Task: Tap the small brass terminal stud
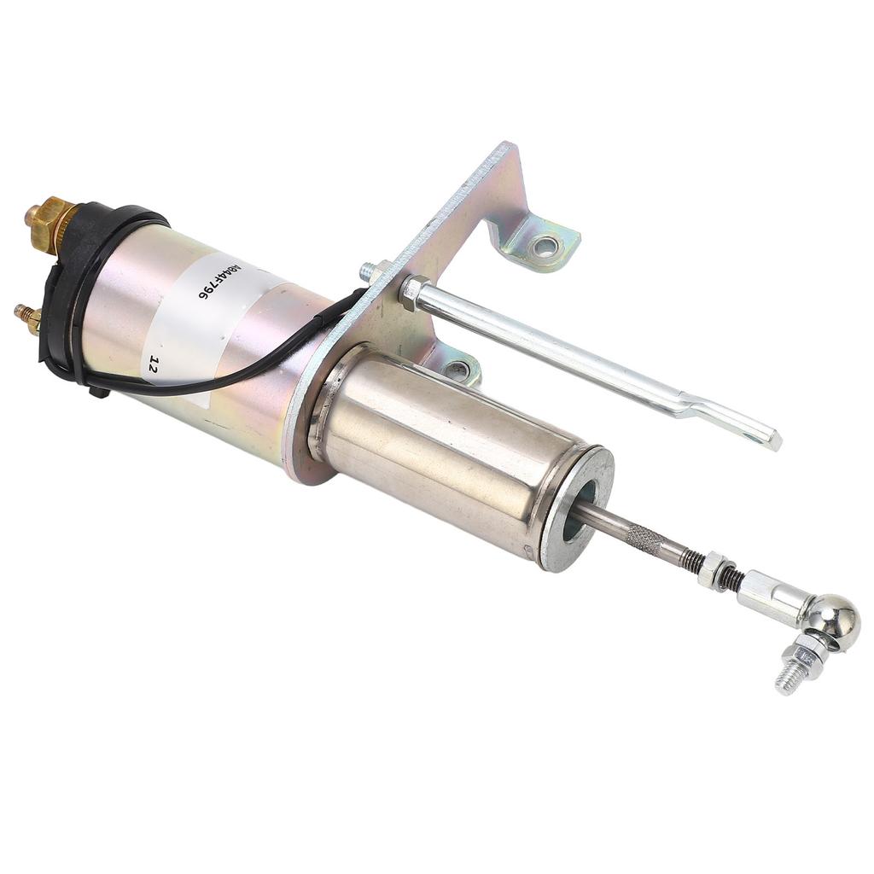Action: (26, 318)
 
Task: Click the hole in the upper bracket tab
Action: (543, 248)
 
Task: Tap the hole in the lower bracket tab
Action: (457, 370)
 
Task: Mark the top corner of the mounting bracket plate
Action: (510, 147)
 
